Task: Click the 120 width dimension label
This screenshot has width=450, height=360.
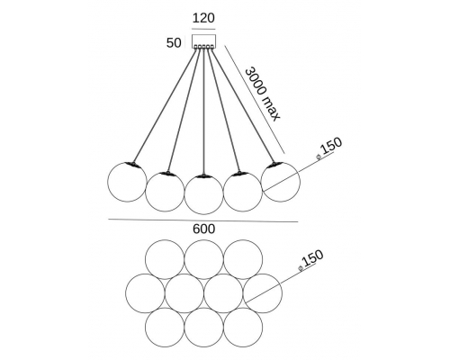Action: (203, 18)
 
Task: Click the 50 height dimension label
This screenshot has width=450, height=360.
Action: (174, 43)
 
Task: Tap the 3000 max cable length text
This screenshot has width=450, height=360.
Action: (263, 94)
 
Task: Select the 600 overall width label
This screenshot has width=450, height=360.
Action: (203, 229)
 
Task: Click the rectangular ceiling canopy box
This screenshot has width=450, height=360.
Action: (203, 41)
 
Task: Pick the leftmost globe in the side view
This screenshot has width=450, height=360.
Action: (127, 182)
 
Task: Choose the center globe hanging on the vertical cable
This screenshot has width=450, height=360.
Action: (203, 194)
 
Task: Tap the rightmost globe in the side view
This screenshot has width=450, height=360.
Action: (280, 182)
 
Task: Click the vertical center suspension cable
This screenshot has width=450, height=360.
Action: (203, 112)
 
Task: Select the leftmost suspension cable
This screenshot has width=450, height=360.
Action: (165, 105)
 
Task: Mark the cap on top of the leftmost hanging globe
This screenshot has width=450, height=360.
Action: (131, 164)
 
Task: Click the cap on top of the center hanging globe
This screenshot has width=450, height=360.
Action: (203, 176)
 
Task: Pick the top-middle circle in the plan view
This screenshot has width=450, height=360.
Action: (203, 260)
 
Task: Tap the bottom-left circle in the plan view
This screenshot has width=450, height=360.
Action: (165, 328)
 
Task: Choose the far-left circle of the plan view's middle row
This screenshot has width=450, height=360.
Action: (145, 293)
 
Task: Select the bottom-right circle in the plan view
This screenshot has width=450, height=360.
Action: (243, 328)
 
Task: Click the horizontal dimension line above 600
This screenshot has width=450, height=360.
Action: (203, 220)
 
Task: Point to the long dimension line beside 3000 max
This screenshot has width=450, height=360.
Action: (255, 99)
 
